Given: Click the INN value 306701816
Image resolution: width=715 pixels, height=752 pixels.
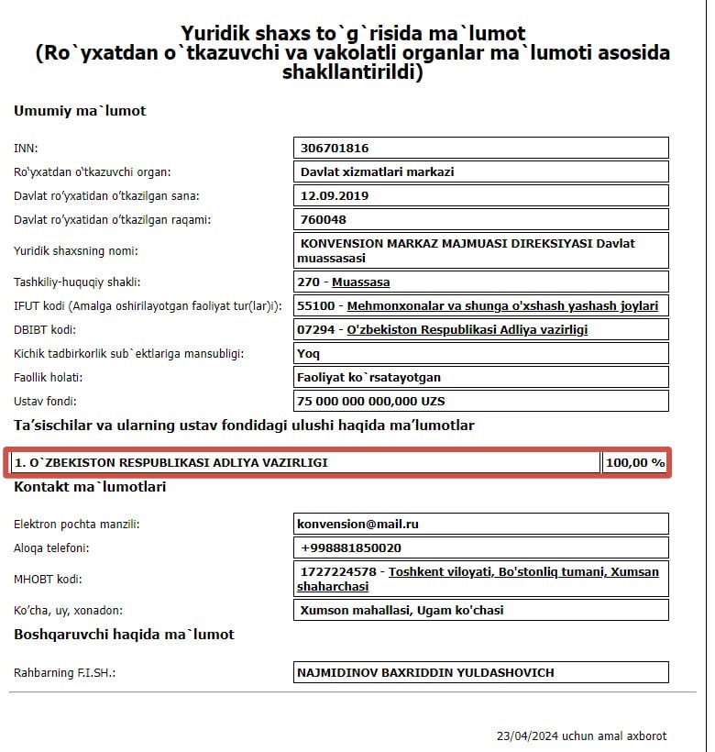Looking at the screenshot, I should pos(335,148).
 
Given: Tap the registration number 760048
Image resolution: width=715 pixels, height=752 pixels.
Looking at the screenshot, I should pos(324,220).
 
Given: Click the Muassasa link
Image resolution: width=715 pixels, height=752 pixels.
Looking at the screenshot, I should pos(360,282).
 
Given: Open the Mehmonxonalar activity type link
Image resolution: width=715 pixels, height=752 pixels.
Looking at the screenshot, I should pos(503,305).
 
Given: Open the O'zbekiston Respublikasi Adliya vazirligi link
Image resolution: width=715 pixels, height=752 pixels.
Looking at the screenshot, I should pos(467,330).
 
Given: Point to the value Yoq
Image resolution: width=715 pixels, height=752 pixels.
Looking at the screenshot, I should pos(308,353).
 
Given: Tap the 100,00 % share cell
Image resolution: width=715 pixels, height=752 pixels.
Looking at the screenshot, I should pos(634,463).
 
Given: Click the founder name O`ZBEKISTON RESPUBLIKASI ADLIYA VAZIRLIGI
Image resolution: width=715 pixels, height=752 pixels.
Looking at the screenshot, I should pos(171,463).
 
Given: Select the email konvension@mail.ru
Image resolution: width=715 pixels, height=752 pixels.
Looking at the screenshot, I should pos(357,524).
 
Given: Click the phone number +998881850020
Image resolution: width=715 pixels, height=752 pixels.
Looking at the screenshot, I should pos(350,547).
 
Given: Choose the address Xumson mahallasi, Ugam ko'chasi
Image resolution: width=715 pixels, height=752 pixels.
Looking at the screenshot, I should pos(401,610).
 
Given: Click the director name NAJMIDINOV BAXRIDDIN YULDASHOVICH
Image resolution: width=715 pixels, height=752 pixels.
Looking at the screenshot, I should pos(425,672).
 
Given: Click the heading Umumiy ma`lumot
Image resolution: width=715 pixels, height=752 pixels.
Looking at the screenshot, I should pos(80,111).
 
